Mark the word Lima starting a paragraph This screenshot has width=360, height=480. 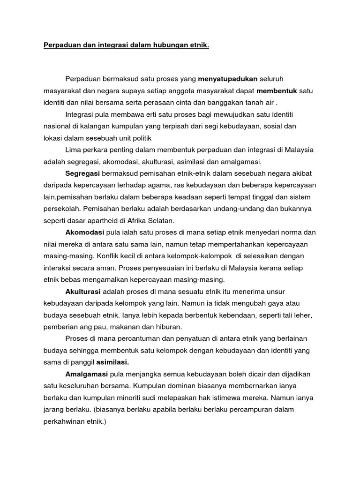click(74, 150)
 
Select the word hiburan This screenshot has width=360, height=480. click(170, 327)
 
